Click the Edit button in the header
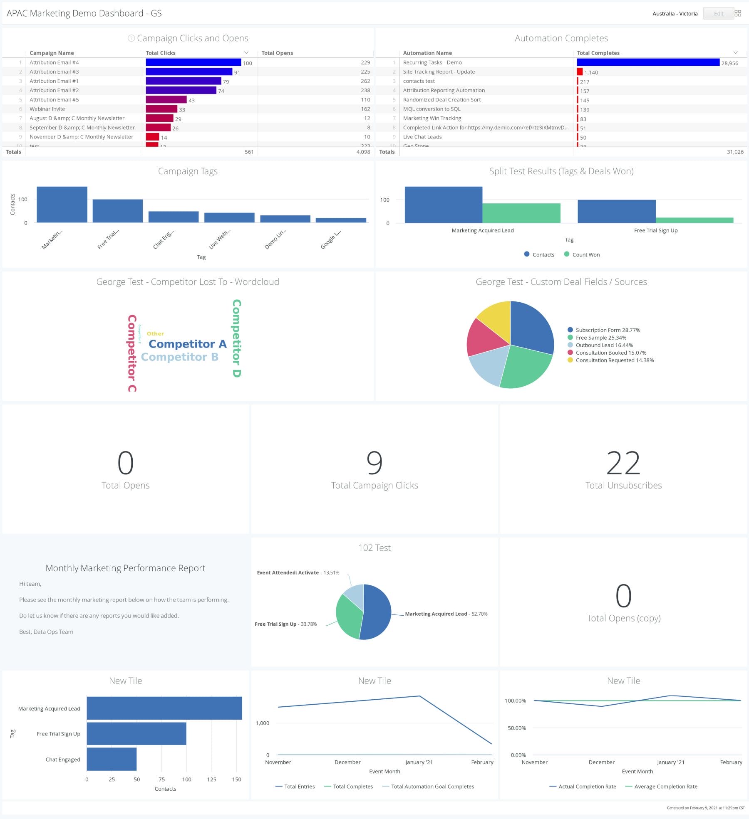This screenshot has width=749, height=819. tap(718, 14)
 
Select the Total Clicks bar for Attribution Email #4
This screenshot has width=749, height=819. tap(193, 62)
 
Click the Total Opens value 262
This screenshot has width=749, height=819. tap(365, 81)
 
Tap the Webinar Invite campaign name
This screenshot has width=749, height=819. tap(47, 109)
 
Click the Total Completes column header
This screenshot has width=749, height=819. tap(598, 53)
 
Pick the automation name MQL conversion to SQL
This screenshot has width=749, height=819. tap(432, 109)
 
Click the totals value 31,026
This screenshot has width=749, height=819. tap(735, 152)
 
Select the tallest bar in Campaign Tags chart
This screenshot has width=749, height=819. tap(62, 205)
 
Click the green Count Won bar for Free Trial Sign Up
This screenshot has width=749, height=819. tap(694, 220)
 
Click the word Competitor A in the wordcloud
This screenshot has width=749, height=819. tap(188, 344)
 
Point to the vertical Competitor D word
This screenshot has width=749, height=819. tap(236, 338)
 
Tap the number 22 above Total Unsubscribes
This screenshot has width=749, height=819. tap(623, 463)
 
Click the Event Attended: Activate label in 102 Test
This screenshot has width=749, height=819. tap(288, 572)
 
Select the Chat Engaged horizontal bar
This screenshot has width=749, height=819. tap(112, 759)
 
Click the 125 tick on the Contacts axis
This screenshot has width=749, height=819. tap(211, 780)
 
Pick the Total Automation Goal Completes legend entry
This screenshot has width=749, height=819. tap(432, 787)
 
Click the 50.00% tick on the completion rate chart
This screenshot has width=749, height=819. tap(516, 728)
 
